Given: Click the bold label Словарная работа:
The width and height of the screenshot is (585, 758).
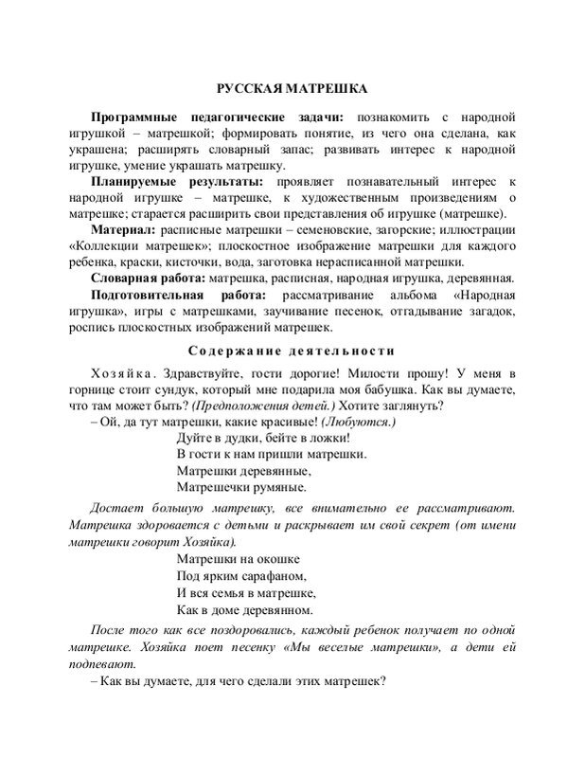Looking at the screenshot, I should (x=147, y=278).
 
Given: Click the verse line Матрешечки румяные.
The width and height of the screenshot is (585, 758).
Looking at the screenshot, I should (x=241, y=489).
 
